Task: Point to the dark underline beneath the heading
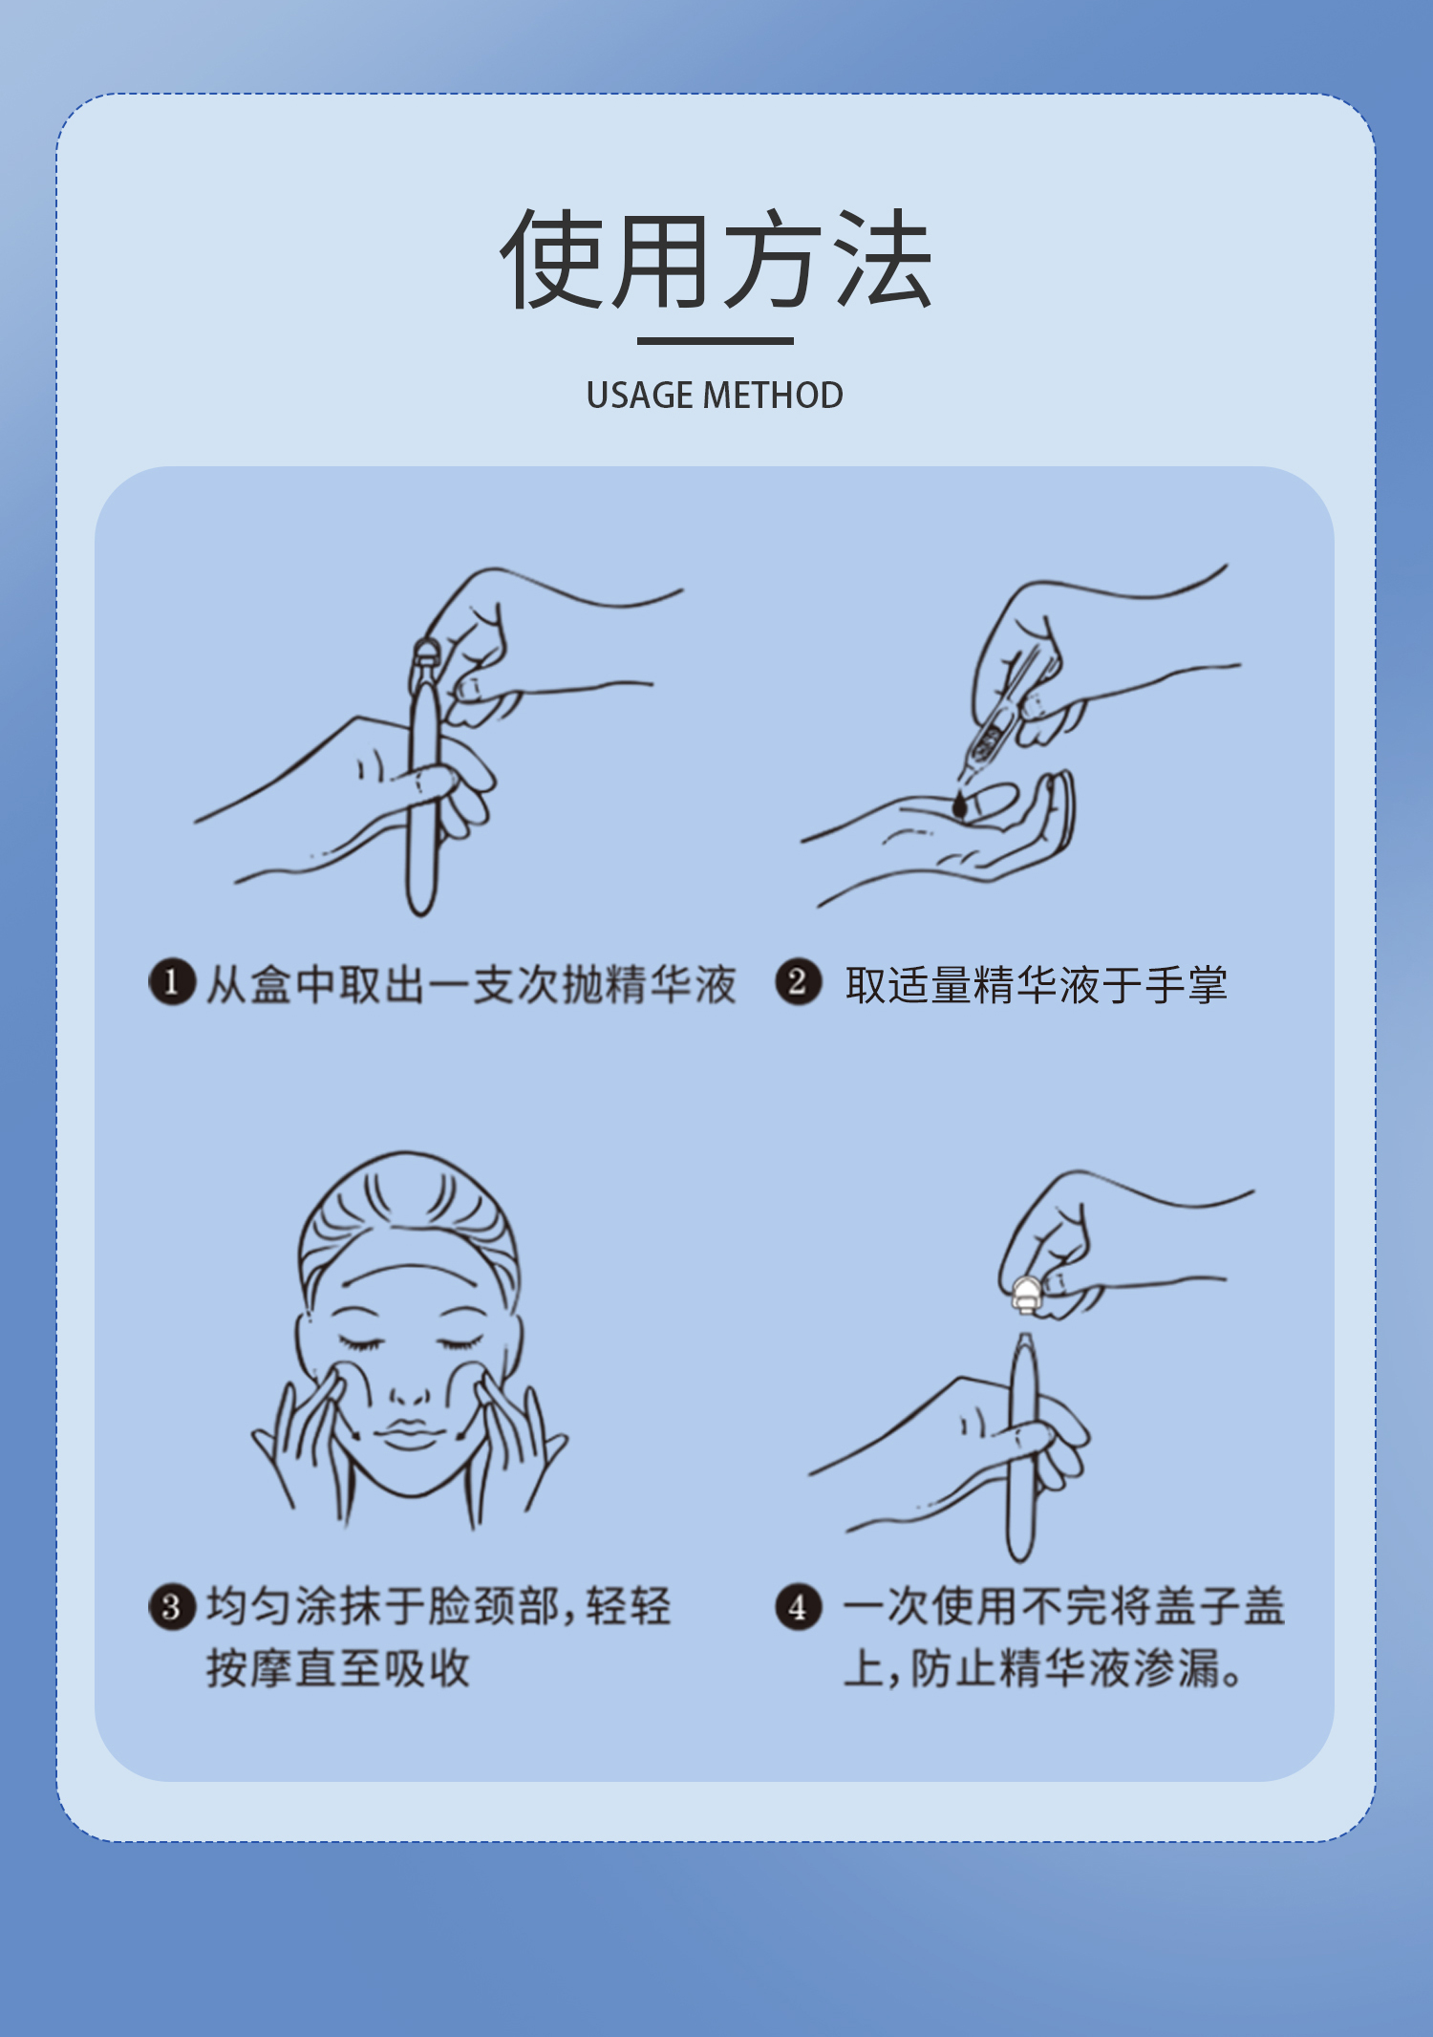tap(716, 340)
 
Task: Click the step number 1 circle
tap(172, 982)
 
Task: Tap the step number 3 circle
tap(172, 1606)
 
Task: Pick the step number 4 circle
tap(798, 1606)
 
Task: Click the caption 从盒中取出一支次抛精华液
tap(471, 984)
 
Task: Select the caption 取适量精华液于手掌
tap(1036, 984)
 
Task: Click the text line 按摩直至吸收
tap(338, 1668)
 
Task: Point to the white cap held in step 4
tap(1026, 1294)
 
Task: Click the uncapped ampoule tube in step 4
tap(1022, 1447)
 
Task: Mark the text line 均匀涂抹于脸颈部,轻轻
tap(439, 1606)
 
